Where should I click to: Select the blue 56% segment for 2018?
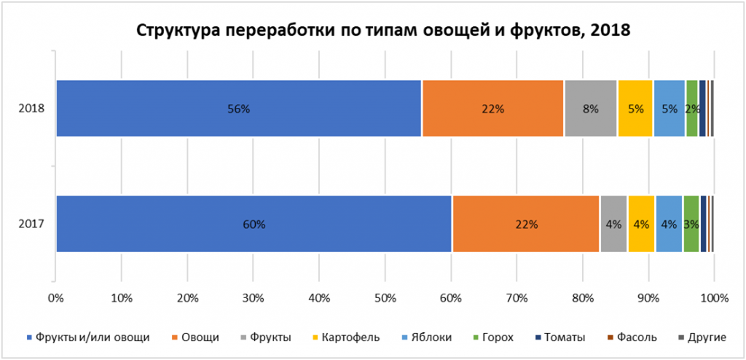click(238, 109)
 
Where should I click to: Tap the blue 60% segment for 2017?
click(254, 224)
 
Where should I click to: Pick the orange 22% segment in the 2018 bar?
click(492, 109)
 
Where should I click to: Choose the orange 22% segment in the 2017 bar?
click(525, 224)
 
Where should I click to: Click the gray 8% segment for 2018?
click(590, 109)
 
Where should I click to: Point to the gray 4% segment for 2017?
click(613, 224)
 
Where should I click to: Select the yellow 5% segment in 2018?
click(635, 109)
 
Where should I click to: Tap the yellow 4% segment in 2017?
click(641, 224)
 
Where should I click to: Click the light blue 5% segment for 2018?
click(669, 109)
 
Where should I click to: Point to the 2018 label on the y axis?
click(32, 109)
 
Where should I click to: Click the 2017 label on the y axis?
click(32, 224)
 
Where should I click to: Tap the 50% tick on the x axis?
click(385, 297)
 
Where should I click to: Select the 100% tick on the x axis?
click(714, 297)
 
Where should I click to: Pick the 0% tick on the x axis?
click(55, 297)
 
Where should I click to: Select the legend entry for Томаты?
click(560, 337)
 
